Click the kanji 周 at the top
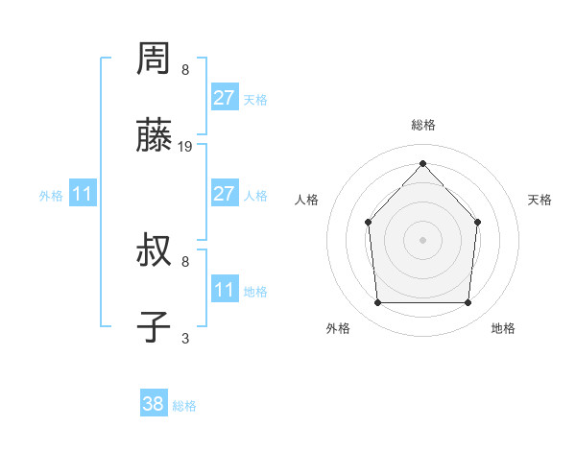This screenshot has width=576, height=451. coord(155,60)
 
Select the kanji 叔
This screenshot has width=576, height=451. coord(155,252)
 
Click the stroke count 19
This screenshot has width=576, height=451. coord(186,147)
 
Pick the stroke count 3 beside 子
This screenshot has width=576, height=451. coord(185,338)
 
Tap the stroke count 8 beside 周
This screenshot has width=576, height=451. coord(185,70)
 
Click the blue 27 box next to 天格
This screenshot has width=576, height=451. coord(224,97)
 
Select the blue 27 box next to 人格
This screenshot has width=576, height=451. coord(224,194)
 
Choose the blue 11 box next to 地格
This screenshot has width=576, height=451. coord(224,289)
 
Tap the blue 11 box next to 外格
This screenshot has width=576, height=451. coord(82,194)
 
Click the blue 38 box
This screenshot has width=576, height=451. coord(153,404)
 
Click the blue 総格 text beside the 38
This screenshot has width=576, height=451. coord(184,406)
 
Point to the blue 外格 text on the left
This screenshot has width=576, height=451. coord(51,196)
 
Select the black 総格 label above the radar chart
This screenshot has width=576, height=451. coord(422,125)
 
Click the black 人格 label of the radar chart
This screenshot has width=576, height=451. coord(306,200)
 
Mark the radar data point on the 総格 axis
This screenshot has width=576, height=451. coord(422,162)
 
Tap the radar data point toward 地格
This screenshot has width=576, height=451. coord(468,303)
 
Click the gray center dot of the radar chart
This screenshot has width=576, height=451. coord(422,240)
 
